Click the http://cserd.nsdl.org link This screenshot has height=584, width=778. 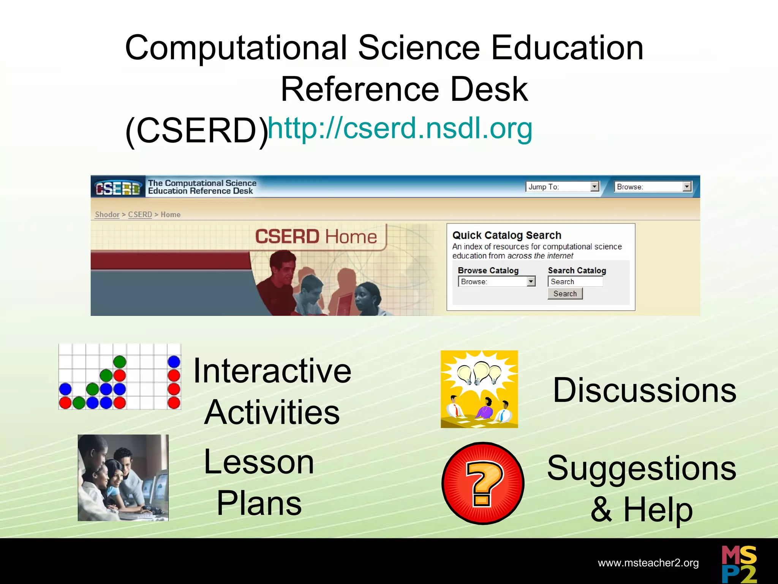coord(400,129)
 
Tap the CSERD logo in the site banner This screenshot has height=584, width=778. coord(118,187)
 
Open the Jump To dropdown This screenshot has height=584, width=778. coord(562,187)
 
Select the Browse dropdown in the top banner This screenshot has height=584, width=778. coord(653,187)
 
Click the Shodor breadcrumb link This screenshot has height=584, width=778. coord(107,215)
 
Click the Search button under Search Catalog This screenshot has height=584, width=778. coord(565,294)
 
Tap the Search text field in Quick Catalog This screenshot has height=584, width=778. coord(575,282)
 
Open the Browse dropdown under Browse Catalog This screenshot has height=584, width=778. coord(497,282)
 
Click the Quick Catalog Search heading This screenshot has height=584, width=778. coord(507,235)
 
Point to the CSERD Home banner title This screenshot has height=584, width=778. coord(316,236)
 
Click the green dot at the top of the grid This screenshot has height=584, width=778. coord(120,361)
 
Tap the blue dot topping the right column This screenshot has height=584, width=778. coord(174,361)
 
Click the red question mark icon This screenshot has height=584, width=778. coord(483,483)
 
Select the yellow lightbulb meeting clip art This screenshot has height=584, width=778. coord(479,389)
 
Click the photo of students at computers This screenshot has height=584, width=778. coord(123,478)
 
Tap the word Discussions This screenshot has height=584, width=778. coord(644,390)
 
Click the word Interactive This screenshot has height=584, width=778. coord(272,371)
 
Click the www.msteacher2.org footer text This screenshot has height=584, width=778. coord(648,563)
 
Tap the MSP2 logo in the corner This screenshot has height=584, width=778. coord(739,564)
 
